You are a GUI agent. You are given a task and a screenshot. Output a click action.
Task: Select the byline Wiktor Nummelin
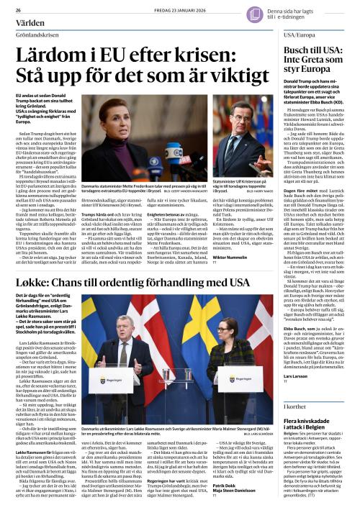(229, 255)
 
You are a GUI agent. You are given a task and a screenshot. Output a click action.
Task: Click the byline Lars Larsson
(297, 376)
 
